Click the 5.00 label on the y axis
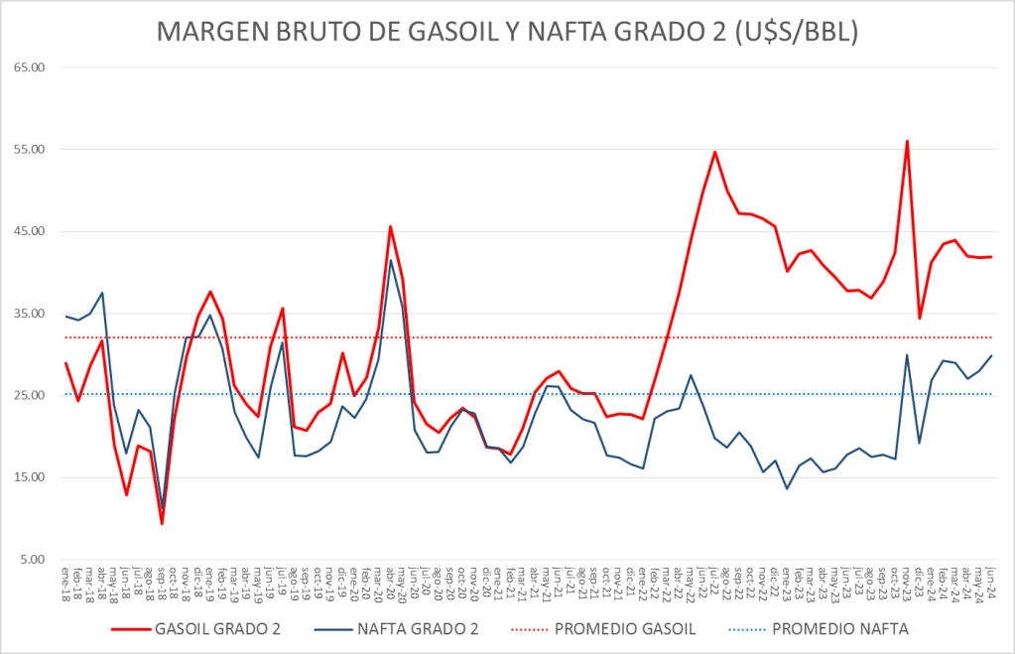click(35, 560)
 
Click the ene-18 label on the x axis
click(66, 581)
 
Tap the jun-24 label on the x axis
click(990, 581)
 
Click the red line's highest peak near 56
click(907, 141)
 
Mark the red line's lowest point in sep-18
click(162, 523)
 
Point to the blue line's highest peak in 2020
click(390, 260)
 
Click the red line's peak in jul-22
click(714, 152)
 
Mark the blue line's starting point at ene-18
click(66, 317)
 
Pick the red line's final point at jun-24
click(990, 257)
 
